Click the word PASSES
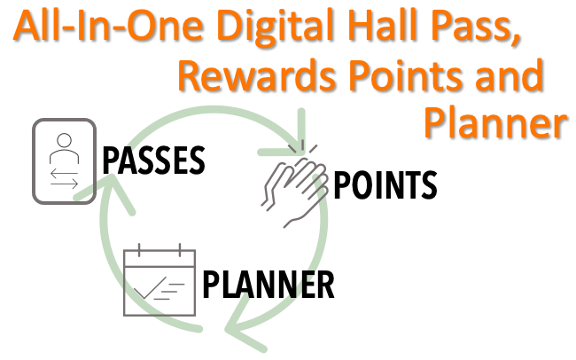(x=153, y=160)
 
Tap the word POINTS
(x=385, y=185)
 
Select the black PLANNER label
(x=269, y=285)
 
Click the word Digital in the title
(x=275, y=26)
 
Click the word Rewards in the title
(x=257, y=75)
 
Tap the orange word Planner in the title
(x=496, y=123)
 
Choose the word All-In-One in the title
(x=108, y=25)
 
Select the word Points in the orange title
(x=406, y=75)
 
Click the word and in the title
(x=510, y=75)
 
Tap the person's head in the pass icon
(x=65, y=140)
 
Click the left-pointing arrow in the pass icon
(x=64, y=172)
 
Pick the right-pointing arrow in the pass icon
(x=65, y=184)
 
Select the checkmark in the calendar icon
(x=150, y=287)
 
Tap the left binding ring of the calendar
(x=139, y=250)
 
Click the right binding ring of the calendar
(x=180, y=250)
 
